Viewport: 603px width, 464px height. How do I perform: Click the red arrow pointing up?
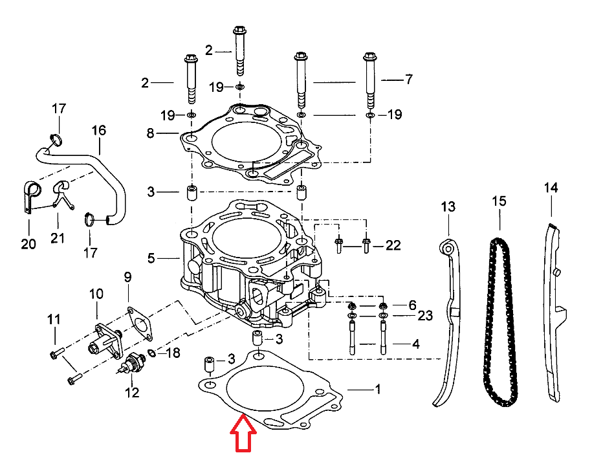[x=243, y=436]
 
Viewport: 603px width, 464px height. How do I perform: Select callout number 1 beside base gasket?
[x=378, y=390]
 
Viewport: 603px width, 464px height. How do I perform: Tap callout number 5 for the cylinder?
[x=151, y=258]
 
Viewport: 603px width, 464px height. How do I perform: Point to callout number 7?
[x=408, y=80]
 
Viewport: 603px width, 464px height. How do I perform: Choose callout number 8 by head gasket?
[x=151, y=133]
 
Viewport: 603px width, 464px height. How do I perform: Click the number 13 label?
[x=448, y=207]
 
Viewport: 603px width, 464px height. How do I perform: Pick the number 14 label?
[x=551, y=188]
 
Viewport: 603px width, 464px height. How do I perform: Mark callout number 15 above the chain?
[x=499, y=201]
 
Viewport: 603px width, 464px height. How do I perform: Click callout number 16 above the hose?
[x=98, y=130]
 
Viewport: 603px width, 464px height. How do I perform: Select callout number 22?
[x=393, y=245]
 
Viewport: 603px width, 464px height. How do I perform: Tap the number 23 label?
[x=424, y=316]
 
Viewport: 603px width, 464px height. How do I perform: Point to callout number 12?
[x=132, y=392]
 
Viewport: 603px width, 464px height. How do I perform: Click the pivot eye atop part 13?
[x=446, y=248]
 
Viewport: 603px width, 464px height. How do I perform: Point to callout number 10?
[x=96, y=294]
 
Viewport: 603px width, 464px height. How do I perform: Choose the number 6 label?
[x=411, y=305]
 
